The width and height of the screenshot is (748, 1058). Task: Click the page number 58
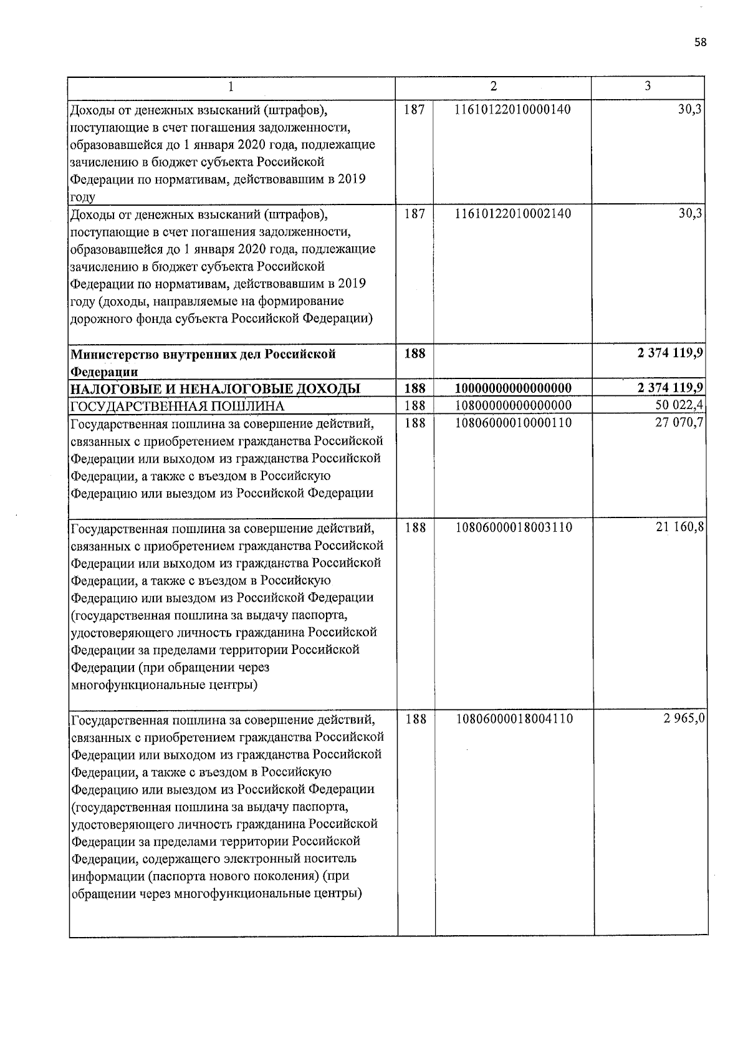701,42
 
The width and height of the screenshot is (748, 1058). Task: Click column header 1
231,87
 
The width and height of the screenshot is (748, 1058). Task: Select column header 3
648,86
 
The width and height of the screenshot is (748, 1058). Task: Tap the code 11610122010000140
513,110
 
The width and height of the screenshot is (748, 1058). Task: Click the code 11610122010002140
513,214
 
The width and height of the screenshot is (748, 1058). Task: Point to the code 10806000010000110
514,423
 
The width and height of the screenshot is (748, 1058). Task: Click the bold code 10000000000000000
513,388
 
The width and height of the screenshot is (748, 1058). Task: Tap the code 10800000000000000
513,406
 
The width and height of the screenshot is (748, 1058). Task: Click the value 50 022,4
679,406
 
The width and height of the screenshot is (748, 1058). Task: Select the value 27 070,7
679,423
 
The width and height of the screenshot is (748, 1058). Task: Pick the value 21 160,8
679,527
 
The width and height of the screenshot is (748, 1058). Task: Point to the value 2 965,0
684,719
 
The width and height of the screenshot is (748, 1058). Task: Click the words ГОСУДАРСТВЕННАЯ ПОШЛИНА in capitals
178,406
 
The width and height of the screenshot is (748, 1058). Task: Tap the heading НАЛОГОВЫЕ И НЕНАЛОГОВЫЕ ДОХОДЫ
215,389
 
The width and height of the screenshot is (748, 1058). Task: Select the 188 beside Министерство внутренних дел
415,353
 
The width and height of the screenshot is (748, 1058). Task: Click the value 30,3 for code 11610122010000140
691,109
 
